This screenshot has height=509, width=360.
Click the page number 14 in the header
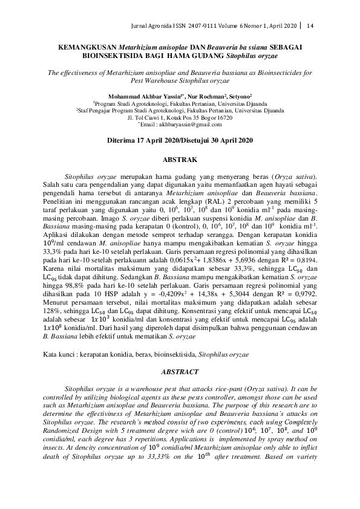[x=310, y=25]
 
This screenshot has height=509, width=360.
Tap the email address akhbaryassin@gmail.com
[x=192, y=125]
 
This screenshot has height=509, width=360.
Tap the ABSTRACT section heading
[x=180, y=372]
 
